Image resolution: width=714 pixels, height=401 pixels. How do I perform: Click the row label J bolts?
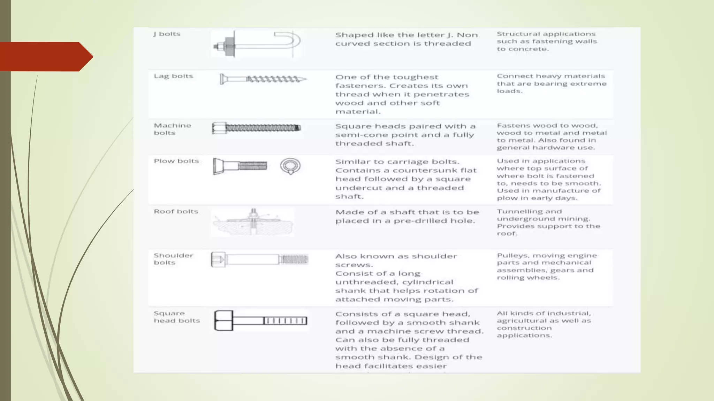(167, 34)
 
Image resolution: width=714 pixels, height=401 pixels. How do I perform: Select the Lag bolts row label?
(173, 76)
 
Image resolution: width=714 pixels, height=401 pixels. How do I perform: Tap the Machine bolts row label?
(172, 129)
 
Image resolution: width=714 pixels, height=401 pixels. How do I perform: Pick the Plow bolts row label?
(176, 161)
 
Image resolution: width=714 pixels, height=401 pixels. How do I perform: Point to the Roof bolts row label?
(176, 212)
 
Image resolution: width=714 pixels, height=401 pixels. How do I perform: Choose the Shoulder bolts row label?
(173, 259)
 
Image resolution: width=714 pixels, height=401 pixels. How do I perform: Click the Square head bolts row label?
(176, 317)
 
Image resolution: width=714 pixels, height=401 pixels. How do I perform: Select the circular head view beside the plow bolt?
(290, 166)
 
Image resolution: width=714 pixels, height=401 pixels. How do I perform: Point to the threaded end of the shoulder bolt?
(295, 259)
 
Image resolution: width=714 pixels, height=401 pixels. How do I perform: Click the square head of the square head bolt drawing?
(223, 321)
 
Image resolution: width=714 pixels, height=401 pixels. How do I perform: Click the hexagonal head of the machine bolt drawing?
(219, 128)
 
